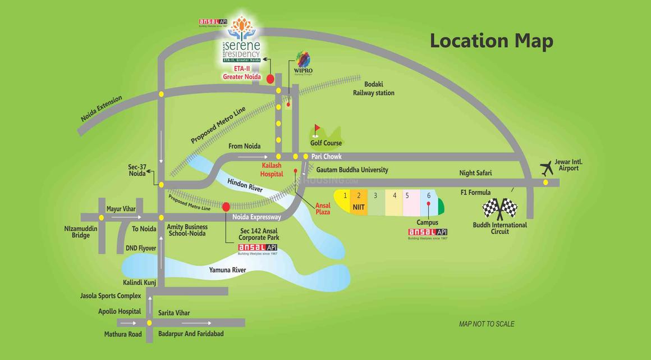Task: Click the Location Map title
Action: point(491,41)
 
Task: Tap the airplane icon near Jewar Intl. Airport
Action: point(546,167)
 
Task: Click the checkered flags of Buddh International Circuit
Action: point(499,208)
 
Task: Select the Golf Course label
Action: point(325,143)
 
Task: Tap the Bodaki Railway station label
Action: point(374,89)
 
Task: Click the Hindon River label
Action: point(245,185)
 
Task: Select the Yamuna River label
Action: point(227,270)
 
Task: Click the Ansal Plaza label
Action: point(323,208)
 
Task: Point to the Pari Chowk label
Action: point(327,156)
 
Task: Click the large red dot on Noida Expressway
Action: point(226,207)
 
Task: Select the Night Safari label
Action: point(475,173)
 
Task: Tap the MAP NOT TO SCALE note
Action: point(487,324)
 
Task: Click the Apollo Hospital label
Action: point(120,311)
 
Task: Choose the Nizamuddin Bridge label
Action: point(81,232)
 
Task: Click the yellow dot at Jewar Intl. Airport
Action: point(545,182)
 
